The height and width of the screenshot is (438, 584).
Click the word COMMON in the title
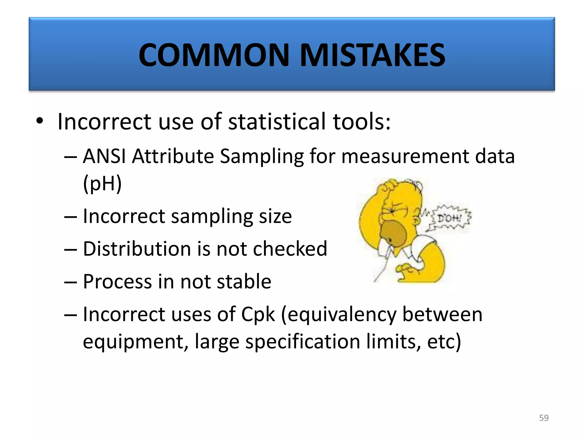point(214,55)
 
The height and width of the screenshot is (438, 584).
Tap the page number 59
point(544,418)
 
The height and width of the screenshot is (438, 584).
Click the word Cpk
point(258,315)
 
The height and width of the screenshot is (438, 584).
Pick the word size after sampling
point(275,216)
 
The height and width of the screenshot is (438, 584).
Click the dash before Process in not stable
point(70,282)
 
